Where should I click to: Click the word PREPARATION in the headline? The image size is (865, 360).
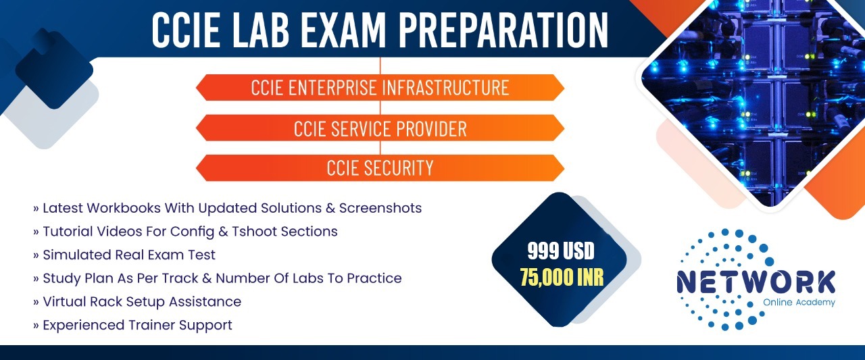(503, 30)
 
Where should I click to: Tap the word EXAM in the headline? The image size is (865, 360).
(343, 30)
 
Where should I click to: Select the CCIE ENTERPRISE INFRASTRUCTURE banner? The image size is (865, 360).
(380, 88)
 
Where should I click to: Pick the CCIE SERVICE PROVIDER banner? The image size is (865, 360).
(380, 128)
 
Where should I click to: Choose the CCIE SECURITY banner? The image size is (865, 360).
(380, 168)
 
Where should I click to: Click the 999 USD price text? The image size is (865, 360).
(561, 251)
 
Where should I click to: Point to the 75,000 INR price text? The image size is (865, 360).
(562, 277)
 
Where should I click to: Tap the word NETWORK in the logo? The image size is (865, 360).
(756, 282)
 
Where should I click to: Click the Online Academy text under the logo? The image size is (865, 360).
(799, 303)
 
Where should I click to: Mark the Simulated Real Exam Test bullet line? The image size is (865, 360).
(124, 255)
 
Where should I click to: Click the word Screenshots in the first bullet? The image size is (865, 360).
(380, 208)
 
